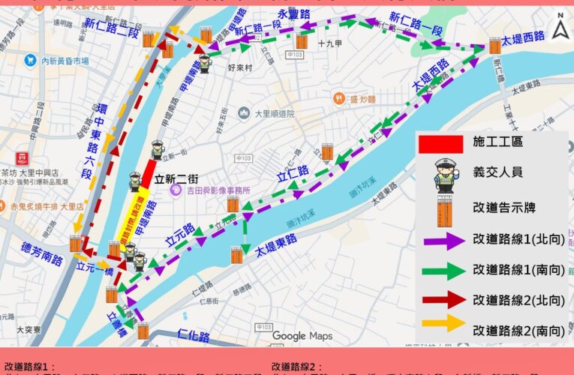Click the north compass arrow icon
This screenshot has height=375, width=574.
coord(559,29)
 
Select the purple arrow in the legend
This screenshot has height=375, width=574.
coord(445,241)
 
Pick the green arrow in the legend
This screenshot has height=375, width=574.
coord(445,270)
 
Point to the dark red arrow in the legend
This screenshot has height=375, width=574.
coord(445,300)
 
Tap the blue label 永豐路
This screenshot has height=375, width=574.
coord(293,15)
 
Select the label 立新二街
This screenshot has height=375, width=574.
coord(177,179)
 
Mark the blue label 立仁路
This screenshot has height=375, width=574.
coord(293,176)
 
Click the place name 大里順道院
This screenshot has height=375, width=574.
coord(272,114)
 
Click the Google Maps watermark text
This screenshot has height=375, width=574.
coord(302,336)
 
